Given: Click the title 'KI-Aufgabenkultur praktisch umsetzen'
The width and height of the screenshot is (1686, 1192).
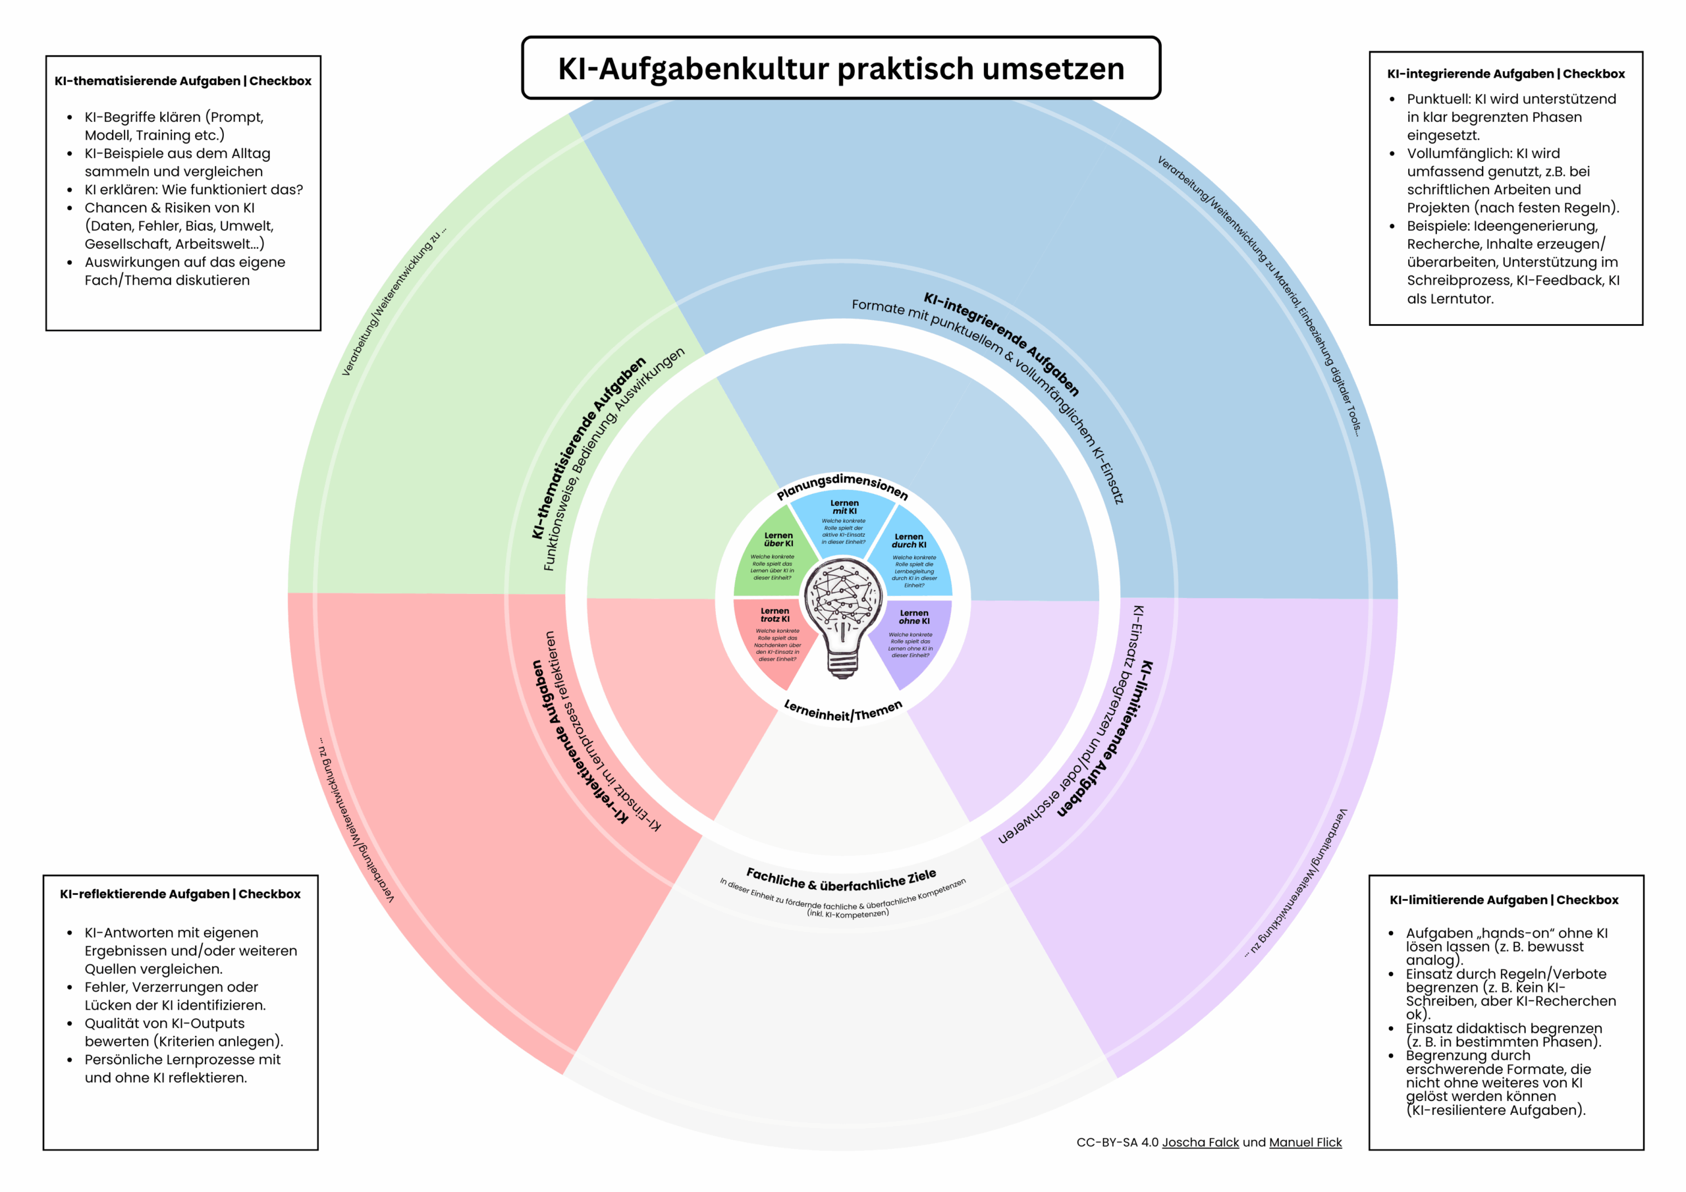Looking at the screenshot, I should [x=841, y=68].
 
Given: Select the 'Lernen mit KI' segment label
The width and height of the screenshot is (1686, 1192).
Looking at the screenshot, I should [x=844, y=507].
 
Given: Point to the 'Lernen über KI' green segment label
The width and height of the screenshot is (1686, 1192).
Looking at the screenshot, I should [x=778, y=540].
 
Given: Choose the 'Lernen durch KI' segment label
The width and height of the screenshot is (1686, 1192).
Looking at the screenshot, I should [x=909, y=541].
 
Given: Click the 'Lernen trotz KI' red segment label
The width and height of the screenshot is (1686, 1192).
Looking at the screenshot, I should [x=775, y=614].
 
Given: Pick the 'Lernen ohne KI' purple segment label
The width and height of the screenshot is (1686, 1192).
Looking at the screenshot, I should [x=913, y=617].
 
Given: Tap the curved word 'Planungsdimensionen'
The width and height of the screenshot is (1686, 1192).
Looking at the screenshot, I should [x=842, y=485].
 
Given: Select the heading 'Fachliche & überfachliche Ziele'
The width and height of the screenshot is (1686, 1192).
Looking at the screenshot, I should [x=842, y=879].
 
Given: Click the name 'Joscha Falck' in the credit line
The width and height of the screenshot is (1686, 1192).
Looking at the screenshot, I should [x=1200, y=1142].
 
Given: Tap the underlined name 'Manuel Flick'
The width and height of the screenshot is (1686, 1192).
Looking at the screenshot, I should [x=1305, y=1142].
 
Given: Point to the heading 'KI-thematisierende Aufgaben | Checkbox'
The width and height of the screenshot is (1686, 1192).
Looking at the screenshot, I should [x=183, y=81].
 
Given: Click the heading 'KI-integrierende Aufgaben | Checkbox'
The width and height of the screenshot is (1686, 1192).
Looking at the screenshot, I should [x=1506, y=74].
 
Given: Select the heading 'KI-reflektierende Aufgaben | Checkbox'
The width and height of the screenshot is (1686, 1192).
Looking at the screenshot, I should [x=180, y=894].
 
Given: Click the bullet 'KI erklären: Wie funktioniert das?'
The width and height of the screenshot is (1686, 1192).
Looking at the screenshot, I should [x=193, y=190].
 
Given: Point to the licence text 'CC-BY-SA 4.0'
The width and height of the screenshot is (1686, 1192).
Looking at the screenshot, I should [x=1117, y=1142].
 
